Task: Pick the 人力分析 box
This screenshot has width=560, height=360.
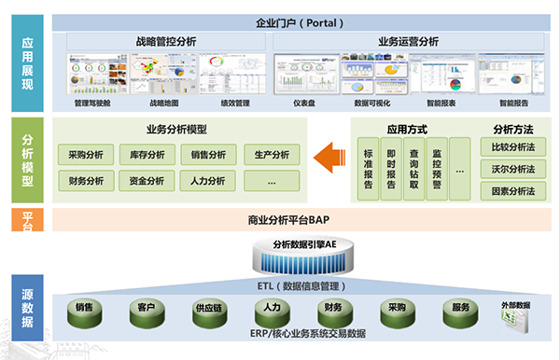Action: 208,181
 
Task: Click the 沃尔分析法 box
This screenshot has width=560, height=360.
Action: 512,170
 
